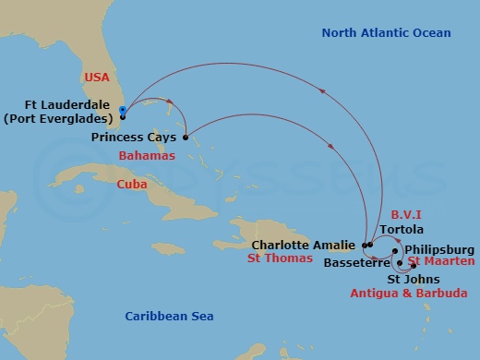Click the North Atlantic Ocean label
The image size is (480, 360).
[x=386, y=33]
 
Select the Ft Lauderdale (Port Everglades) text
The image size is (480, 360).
[x=60, y=111]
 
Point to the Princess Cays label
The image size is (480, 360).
[x=134, y=137]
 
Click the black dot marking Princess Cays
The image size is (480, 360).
[x=186, y=138]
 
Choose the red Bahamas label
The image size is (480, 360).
[x=147, y=157]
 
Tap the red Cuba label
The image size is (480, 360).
[x=132, y=185]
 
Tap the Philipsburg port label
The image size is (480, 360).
[x=439, y=249]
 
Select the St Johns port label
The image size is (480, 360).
[x=413, y=279]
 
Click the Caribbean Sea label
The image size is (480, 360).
[x=169, y=317]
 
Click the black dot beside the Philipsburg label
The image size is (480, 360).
[x=395, y=250]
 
